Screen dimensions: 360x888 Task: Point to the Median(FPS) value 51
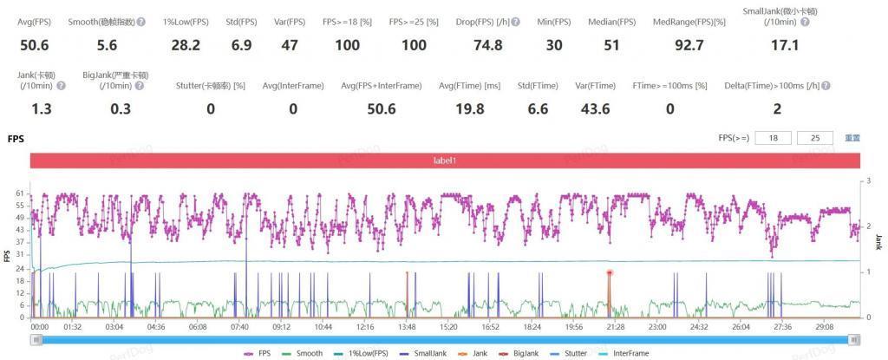(x=611, y=45)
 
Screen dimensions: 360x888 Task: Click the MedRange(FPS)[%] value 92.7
(x=689, y=45)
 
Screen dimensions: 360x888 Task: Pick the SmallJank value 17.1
(x=785, y=45)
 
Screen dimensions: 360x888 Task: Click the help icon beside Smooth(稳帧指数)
(x=140, y=22)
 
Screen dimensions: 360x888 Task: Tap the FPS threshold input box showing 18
(x=773, y=138)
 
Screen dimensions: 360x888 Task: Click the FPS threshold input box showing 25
(x=815, y=138)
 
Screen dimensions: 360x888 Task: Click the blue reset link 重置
(x=852, y=138)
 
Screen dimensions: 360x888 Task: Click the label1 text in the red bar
(x=445, y=160)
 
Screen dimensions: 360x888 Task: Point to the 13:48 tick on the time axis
(x=406, y=327)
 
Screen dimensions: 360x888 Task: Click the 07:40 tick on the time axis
(x=239, y=327)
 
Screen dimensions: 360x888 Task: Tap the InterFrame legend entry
(x=630, y=353)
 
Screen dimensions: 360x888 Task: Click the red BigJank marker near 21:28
(x=610, y=272)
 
